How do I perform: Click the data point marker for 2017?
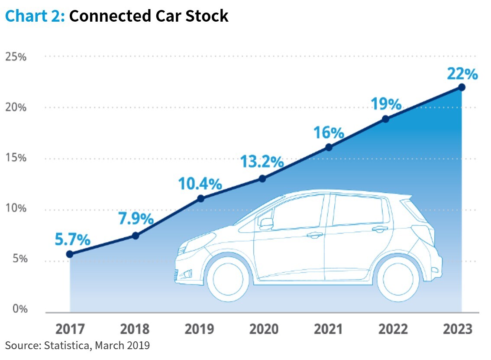(x=70, y=254)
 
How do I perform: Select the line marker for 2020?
(x=262, y=178)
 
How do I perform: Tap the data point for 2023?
(x=462, y=87)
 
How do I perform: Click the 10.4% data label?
(x=200, y=184)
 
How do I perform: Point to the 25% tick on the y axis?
(x=16, y=57)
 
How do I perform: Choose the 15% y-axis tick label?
(x=16, y=158)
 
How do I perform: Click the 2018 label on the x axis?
(x=135, y=329)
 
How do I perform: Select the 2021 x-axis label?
(x=329, y=329)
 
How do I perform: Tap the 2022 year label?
(x=393, y=329)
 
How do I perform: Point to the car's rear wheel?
(x=398, y=277)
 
